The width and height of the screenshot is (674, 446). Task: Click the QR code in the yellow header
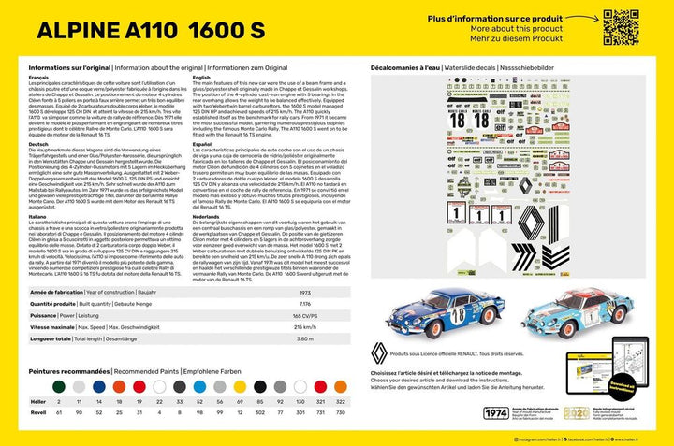pyautogui.click(x=622, y=27)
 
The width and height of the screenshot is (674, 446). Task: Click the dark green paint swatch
pyautogui.click(x=58, y=384)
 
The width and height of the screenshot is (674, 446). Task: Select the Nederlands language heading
pyautogui.click(x=207, y=214)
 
